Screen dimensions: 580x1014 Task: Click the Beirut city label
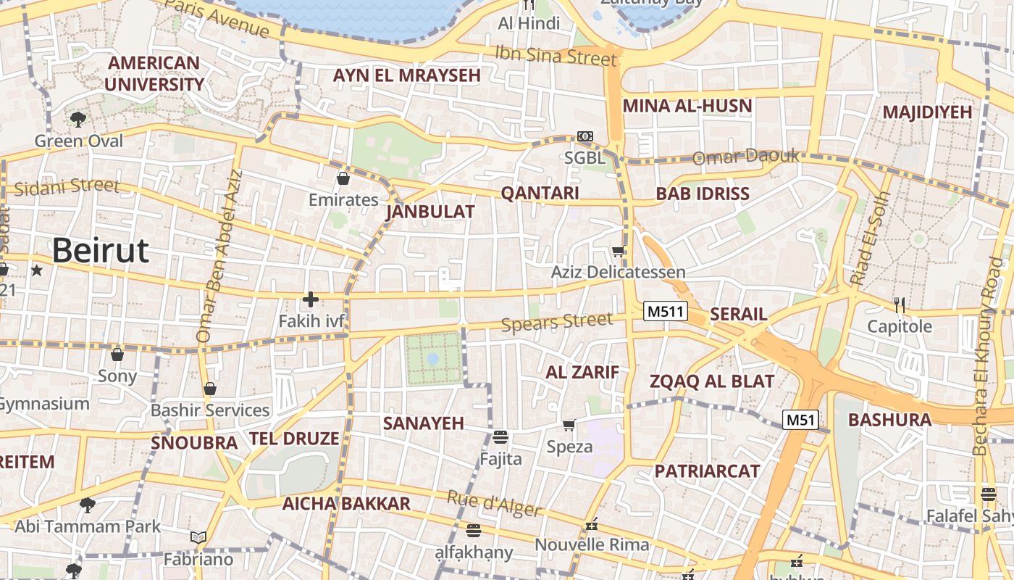(100, 251)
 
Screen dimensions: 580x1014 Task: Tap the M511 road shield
(665, 312)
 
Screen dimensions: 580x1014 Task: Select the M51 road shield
(800, 419)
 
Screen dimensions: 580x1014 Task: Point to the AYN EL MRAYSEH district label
(406, 75)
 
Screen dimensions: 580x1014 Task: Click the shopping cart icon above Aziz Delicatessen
(618, 252)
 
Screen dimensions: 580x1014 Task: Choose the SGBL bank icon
(584, 136)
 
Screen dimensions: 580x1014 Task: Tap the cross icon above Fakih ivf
(311, 299)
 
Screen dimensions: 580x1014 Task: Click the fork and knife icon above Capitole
(900, 304)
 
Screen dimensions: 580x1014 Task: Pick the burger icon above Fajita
(500, 436)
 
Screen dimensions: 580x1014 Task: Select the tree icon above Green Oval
(78, 119)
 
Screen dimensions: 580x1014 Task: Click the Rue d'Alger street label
(494, 504)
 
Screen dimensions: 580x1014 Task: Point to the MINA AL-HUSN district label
(687, 106)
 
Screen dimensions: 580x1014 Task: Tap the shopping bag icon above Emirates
(343, 178)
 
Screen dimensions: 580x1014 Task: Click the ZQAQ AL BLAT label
(712, 381)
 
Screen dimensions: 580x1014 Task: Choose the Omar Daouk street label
(746, 157)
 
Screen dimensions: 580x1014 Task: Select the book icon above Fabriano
(198, 537)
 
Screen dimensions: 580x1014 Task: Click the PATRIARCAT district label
(707, 471)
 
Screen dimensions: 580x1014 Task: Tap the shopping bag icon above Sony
(117, 355)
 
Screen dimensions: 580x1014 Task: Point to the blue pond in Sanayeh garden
(433, 358)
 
